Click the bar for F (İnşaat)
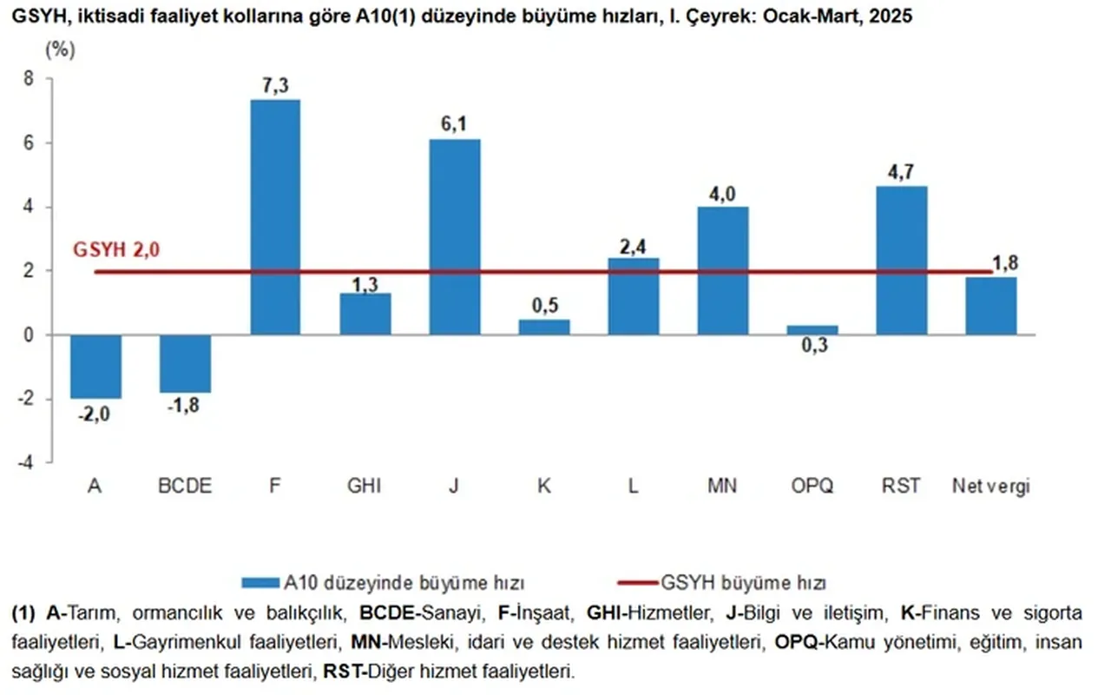[x=275, y=217]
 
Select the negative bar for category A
[x=95, y=367]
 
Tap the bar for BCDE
[x=185, y=364]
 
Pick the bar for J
[x=454, y=237]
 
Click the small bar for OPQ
[x=812, y=330]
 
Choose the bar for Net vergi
[x=990, y=306]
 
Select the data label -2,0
[x=95, y=414]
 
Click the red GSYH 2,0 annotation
[x=117, y=251]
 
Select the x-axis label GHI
[x=365, y=486]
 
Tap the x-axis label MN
[x=723, y=486]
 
